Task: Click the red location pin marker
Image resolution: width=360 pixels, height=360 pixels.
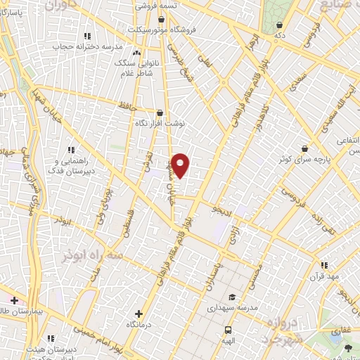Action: pos(181,165)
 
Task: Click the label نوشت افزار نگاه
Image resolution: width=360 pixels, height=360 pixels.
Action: pos(160,122)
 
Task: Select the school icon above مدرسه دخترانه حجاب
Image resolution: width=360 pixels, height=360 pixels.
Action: pos(87,36)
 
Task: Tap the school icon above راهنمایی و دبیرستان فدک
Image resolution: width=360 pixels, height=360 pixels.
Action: pos(70,149)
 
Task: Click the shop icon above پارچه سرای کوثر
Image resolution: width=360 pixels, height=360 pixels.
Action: pos(304,149)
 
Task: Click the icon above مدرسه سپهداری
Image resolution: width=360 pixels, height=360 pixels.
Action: pos(233,297)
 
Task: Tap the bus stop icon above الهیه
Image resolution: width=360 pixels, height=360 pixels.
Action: pos(228,329)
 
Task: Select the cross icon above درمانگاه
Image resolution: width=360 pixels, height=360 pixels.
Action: pos(138,314)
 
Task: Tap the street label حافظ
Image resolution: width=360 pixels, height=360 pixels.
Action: pos(128,106)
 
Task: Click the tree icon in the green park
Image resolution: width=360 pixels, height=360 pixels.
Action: pos(349,347)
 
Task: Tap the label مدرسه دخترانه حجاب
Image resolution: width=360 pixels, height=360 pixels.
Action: pos(89,47)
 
